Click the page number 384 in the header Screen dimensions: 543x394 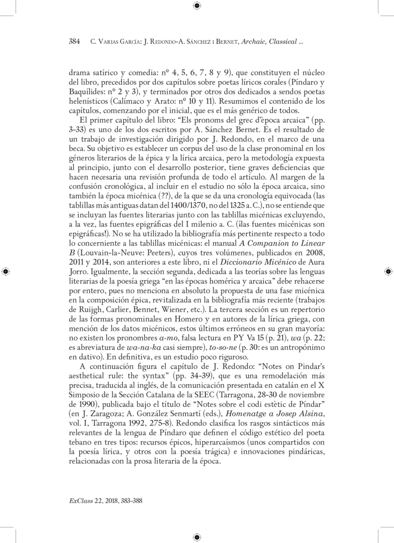[74, 42]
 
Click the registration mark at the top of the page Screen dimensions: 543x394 [197, 6]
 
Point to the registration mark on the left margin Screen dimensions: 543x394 [5, 272]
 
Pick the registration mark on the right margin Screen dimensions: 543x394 [388, 272]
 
